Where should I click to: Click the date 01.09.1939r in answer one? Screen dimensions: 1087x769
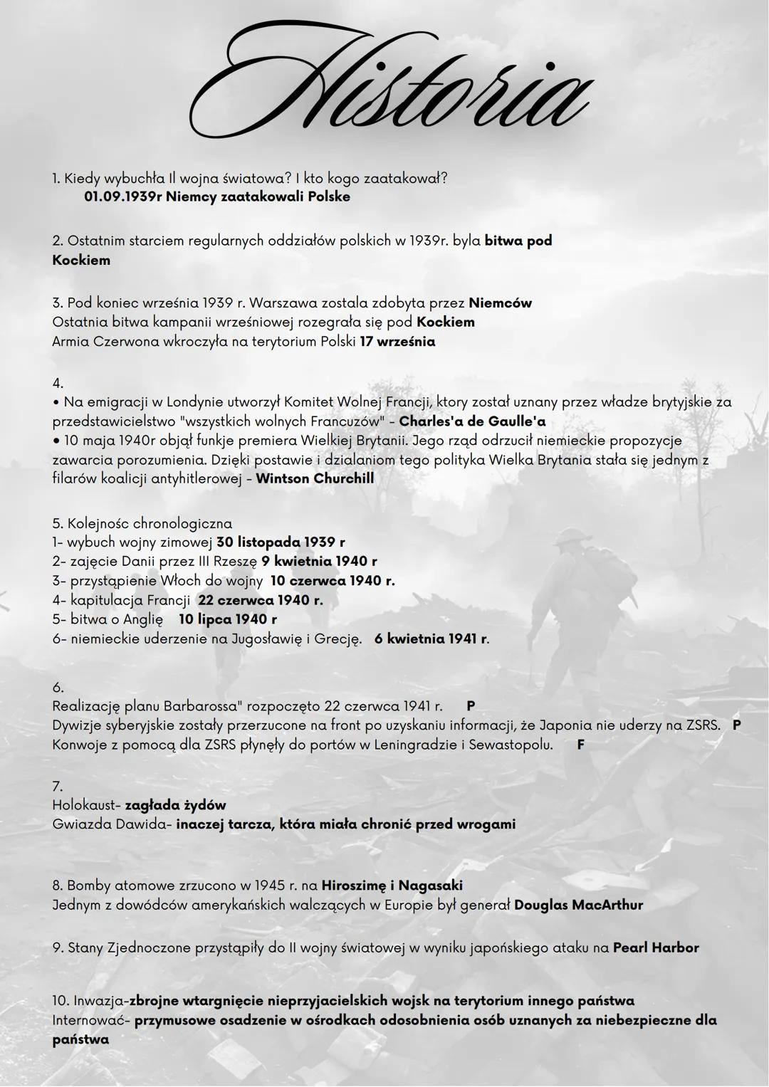122,196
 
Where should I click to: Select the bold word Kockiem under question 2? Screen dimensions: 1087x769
81,261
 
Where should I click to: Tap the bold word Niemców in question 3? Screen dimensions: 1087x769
500,303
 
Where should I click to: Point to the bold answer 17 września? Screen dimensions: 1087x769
397,342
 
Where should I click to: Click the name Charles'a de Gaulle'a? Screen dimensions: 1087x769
472,421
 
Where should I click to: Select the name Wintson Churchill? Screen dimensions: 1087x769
315,478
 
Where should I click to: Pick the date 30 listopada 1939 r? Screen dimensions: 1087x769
281,542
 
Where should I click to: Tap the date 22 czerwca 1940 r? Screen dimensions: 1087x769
260,600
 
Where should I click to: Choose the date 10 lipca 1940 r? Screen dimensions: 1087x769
227,619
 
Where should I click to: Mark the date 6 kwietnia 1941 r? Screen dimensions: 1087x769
431,639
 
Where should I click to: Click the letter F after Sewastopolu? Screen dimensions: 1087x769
580,745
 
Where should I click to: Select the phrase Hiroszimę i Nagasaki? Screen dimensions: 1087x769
392,886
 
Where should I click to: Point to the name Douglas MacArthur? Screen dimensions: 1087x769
578,905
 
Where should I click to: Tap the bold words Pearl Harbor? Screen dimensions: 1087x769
656,948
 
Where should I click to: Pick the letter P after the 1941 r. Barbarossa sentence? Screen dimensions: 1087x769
471,706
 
